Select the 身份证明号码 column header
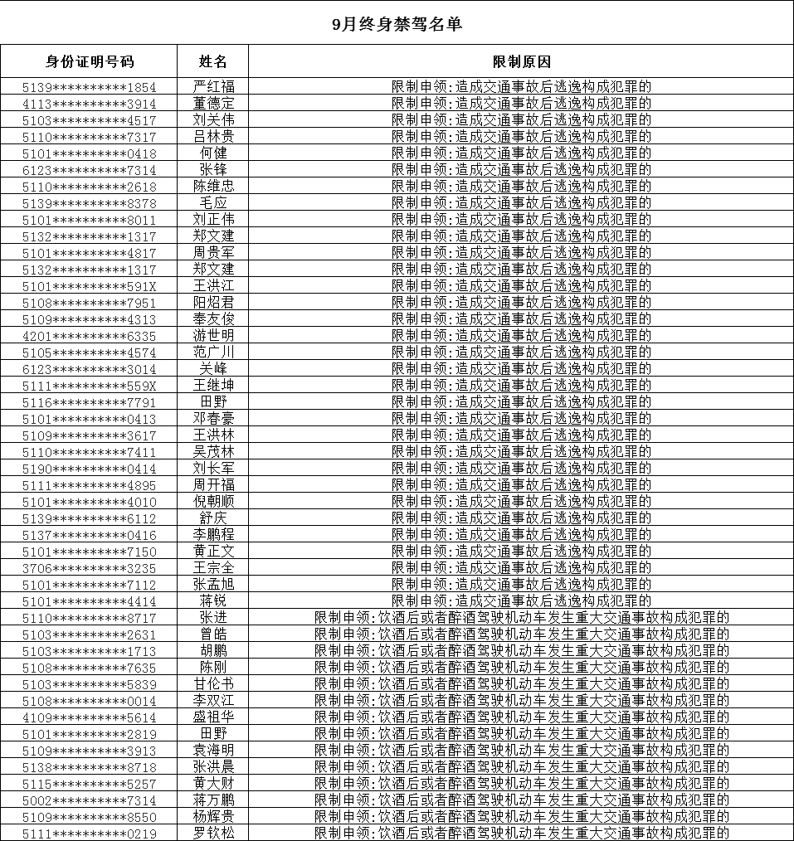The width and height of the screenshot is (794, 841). [89, 62]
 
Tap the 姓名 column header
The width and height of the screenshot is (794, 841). [213, 62]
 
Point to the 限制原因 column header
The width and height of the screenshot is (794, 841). [521, 62]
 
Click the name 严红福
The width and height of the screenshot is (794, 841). [213, 87]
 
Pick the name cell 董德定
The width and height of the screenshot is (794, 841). [213, 104]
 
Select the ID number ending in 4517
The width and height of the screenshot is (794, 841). [89, 120]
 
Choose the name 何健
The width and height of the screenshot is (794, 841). [213, 153]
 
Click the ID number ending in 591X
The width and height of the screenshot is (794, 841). [89, 286]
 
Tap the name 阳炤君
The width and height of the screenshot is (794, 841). [213, 303]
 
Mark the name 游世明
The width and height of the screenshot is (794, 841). [213, 336]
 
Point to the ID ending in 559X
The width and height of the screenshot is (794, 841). [89, 386]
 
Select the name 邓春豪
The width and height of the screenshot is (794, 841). [213, 419]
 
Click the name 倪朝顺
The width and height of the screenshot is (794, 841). [213, 502]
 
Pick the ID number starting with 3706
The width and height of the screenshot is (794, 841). [89, 568]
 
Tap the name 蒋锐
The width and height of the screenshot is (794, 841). [213, 601]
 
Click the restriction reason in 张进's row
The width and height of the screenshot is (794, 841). [521, 618]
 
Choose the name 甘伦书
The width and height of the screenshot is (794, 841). [213, 684]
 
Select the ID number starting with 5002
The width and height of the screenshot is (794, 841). [89, 800]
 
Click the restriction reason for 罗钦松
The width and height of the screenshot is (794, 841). [521, 833]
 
